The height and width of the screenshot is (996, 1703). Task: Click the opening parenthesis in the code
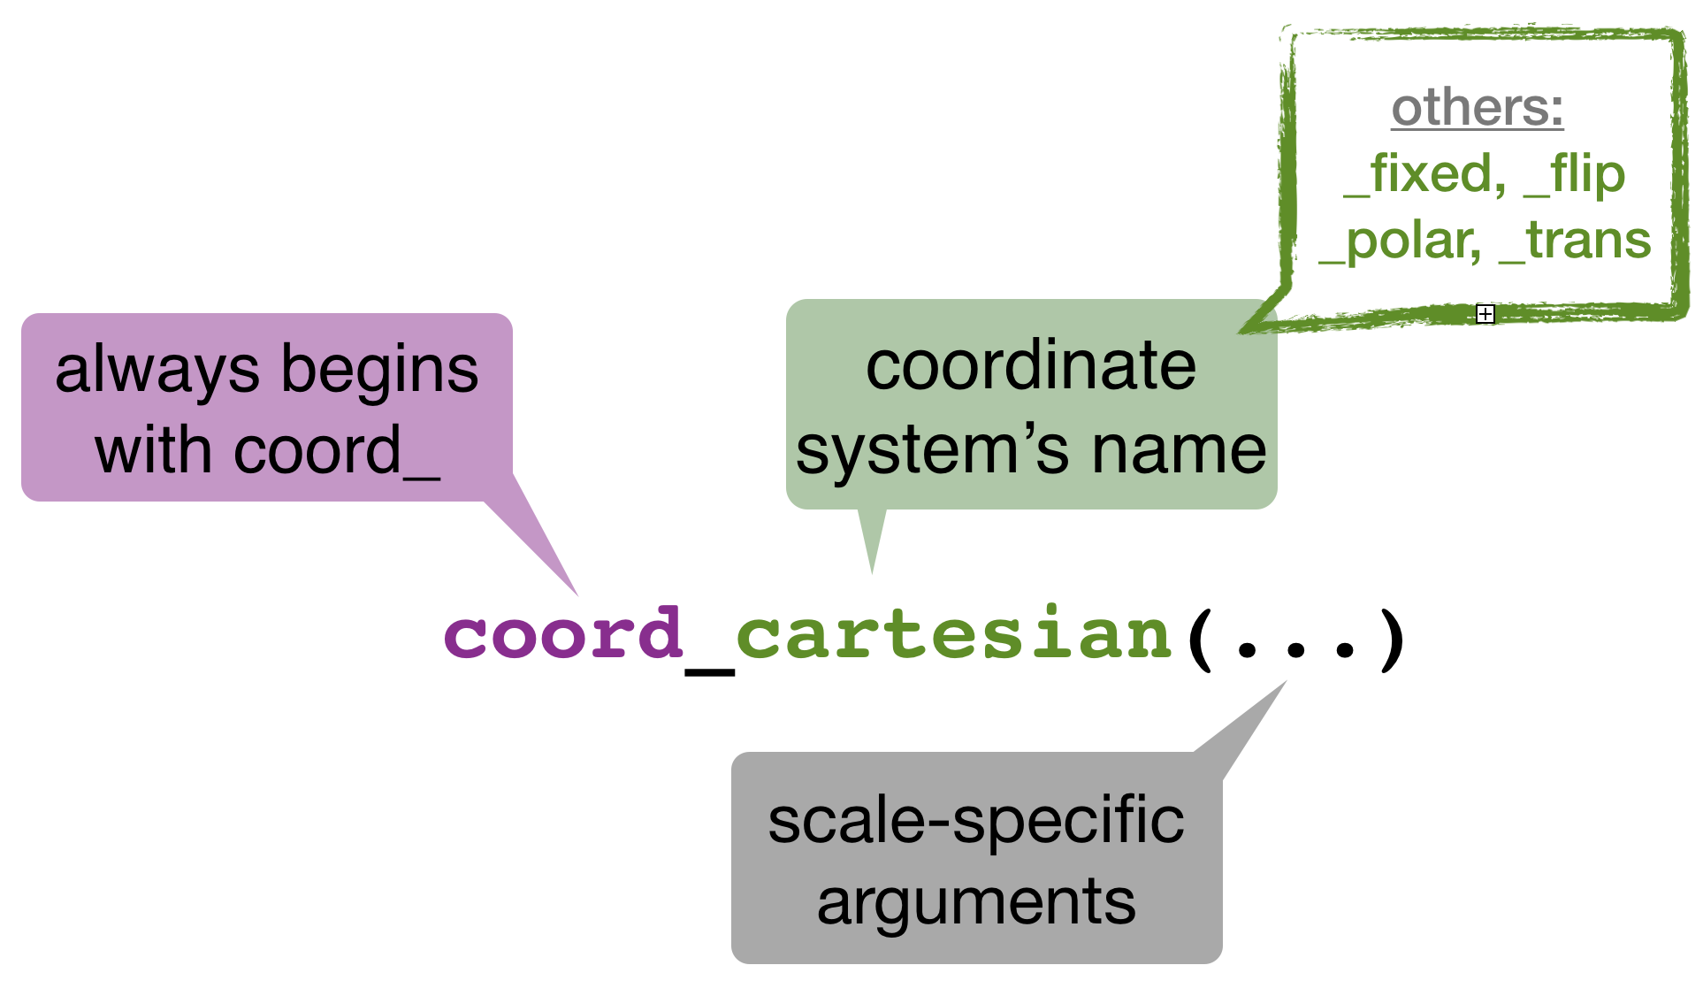click(1201, 639)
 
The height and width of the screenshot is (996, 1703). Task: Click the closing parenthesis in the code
click(1393, 639)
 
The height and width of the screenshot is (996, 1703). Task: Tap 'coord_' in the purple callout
click(337, 452)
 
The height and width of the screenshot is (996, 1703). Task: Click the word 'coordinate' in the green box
click(1031, 366)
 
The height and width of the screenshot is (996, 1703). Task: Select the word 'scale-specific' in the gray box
click(975, 821)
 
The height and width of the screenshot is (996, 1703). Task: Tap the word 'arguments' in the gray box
click(976, 903)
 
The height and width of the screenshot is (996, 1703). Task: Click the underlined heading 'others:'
click(1478, 108)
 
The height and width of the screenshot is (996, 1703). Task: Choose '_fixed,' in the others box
click(1424, 174)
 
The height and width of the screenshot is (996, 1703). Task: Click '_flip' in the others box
click(1575, 174)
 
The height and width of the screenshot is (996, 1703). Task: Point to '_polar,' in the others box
click(1400, 241)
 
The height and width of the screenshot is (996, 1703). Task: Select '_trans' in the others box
click(1575, 241)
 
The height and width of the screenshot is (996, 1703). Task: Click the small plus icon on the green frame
click(1485, 314)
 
